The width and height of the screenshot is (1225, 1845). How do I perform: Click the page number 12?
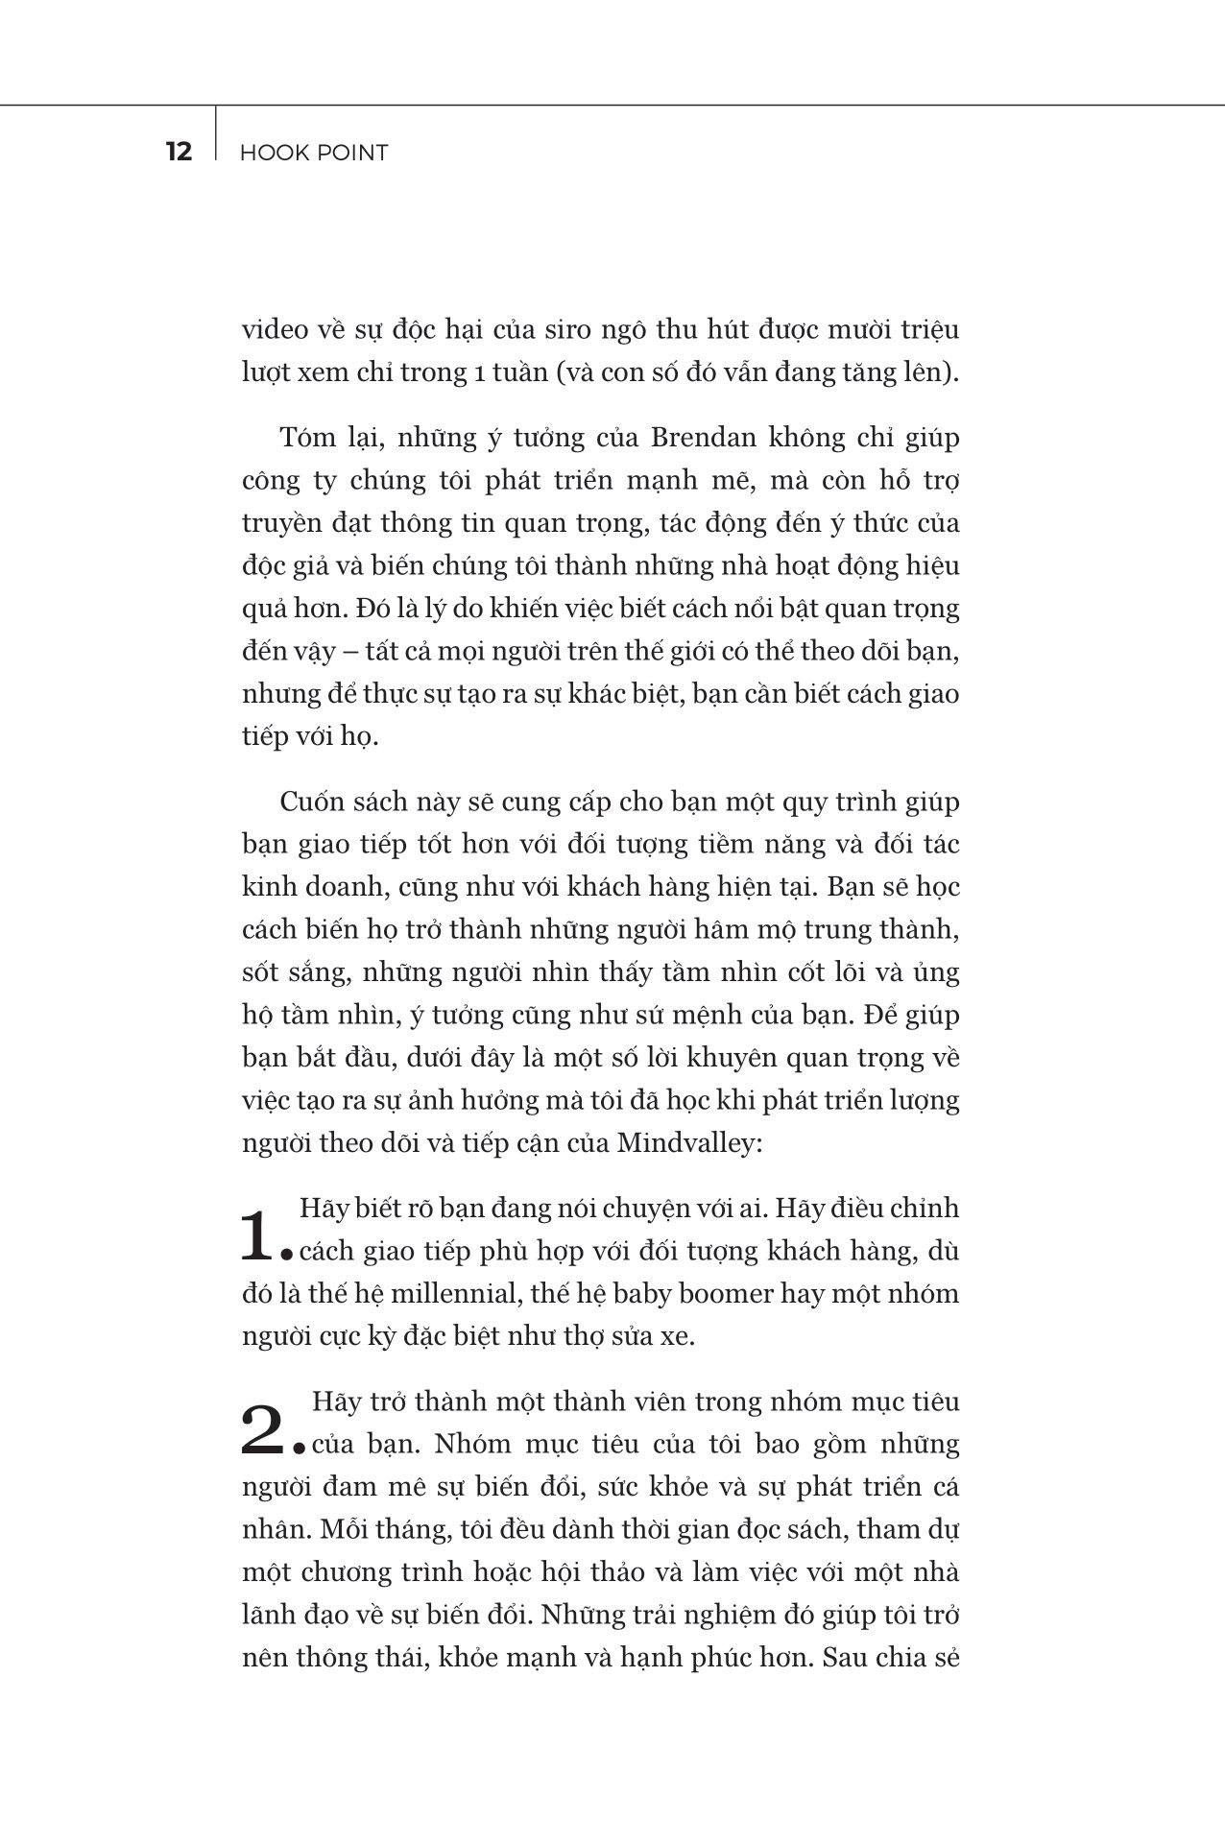179,152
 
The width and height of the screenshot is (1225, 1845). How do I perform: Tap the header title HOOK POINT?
314,153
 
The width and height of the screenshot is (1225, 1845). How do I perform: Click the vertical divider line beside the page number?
216,132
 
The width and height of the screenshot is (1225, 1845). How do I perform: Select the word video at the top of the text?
269,330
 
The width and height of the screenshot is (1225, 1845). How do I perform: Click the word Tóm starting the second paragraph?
307,438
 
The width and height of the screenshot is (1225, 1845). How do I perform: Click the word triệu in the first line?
929,330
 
